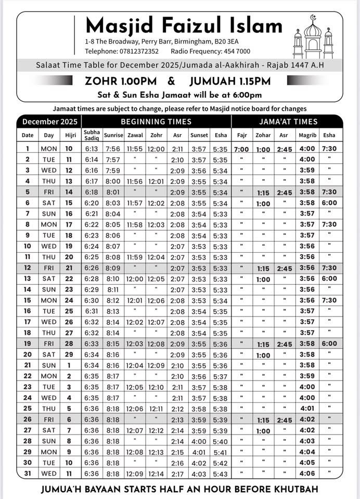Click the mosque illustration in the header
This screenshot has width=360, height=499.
coord(313,37)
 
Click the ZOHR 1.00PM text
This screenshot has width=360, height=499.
coord(122,81)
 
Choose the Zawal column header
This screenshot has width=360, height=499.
coord(134,135)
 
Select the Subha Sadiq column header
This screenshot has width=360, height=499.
coord(92,135)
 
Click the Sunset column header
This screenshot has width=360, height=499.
coord(199,135)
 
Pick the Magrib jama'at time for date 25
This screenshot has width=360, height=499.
coord(307,409)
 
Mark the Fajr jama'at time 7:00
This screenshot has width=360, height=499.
coord(241,149)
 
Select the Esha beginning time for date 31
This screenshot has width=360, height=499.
coord(220,474)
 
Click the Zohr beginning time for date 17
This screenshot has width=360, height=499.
coord(156,322)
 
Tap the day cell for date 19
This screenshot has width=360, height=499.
coord(49,344)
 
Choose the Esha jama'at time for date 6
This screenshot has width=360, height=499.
coord(329,203)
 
